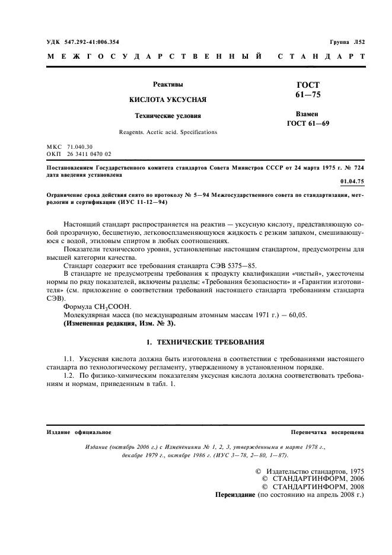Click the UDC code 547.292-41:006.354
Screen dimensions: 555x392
click(x=90, y=43)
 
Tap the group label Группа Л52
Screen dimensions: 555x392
click(x=347, y=43)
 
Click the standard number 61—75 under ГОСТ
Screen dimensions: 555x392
click(x=307, y=95)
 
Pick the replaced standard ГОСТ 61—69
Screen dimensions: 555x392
click(x=307, y=123)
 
